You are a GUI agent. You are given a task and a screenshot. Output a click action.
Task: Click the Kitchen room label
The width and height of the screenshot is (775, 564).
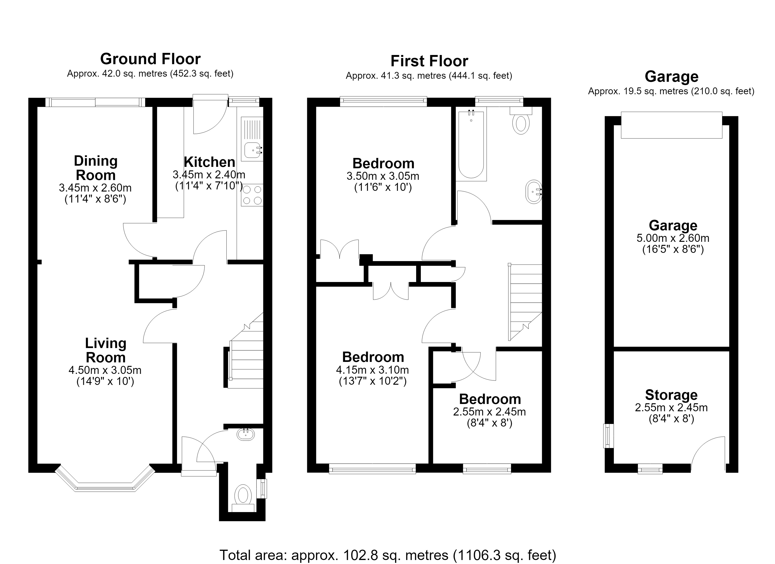pyautogui.click(x=209, y=162)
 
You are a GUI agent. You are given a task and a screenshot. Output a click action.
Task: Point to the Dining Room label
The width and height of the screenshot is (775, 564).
pyautogui.click(x=96, y=168)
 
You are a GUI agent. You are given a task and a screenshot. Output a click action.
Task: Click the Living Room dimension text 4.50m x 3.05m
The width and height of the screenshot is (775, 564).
pyautogui.click(x=105, y=370)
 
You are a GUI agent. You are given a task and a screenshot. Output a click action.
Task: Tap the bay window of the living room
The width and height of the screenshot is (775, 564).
pyautogui.click(x=105, y=482)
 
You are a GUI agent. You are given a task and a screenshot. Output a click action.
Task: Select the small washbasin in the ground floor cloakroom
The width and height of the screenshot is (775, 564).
pyautogui.click(x=246, y=434)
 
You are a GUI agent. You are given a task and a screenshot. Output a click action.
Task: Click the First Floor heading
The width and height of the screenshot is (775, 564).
pyautogui.click(x=429, y=61)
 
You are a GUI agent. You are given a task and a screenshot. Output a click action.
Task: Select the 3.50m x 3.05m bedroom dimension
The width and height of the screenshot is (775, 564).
pyautogui.click(x=383, y=176)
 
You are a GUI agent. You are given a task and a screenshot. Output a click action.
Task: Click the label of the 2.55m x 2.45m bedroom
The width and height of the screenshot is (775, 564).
pyautogui.click(x=490, y=399)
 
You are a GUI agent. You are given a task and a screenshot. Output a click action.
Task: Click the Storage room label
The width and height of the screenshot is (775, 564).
pyautogui.click(x=671, y=395)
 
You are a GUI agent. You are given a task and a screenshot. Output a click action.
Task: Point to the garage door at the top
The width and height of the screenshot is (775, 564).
pyautogui.click(x=671, y=125)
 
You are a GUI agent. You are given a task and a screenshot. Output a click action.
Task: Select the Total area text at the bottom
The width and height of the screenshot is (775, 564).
pyautogui.click(x=388, y=555)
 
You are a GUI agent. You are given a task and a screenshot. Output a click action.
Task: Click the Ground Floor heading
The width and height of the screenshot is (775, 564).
pyautogui.click(x=150, y=59)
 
